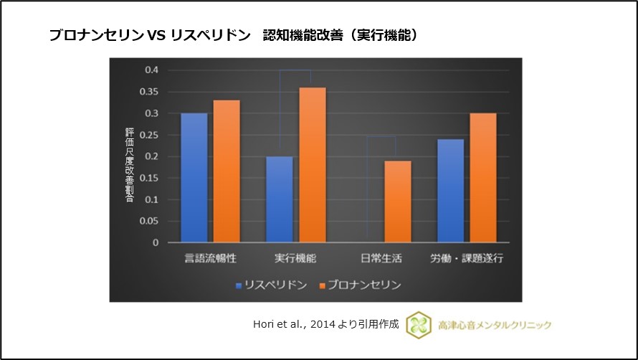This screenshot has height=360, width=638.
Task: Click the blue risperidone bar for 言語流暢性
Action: [x=194, y=178]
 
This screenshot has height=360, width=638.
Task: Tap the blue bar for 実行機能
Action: [x=279, y=199]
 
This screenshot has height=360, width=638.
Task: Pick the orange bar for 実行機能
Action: [x=312, y=165]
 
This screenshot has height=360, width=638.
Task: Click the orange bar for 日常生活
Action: [x=397, y=202]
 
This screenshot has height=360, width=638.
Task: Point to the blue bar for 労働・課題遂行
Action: [x=449, y=191]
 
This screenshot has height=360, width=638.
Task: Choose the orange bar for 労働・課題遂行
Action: [x=482, y=178]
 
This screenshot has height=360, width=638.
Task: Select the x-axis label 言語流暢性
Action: [x=210, y=257]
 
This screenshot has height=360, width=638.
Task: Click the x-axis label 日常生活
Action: [x=381, y=257]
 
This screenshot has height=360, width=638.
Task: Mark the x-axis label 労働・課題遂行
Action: [x=466, y=257]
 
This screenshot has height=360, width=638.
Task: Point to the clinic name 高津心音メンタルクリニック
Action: [x=495, y=325]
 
